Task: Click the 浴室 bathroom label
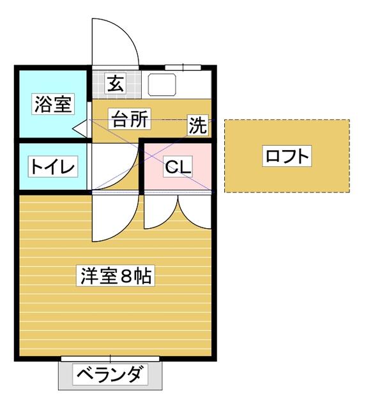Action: (53, 104)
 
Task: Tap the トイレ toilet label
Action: (53, 167)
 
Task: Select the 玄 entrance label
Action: (116, 83)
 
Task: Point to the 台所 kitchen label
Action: (130, 118)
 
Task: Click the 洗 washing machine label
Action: (198, 125)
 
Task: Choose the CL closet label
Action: (178, 167)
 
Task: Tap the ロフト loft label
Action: (287, 156)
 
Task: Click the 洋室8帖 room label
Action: (116, 276)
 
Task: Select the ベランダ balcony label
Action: (110, 375)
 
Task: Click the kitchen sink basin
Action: (162, 84)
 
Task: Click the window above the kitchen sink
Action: (183, 68)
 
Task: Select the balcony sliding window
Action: (110, 359)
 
